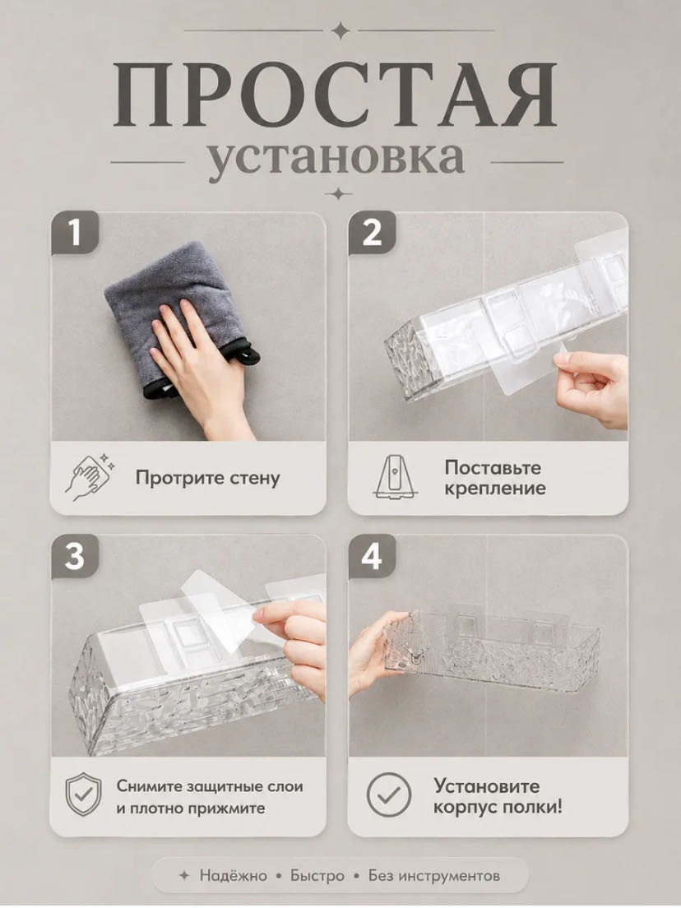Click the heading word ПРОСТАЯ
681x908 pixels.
click(335, 95)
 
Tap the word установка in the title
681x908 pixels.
click(336, 158)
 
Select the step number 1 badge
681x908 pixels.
click(75, 234)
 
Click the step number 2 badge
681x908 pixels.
click(372, 234)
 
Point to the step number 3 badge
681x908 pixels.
click(75, 557)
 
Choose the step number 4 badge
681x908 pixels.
click(372, 557)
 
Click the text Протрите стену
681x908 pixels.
click(208, 479)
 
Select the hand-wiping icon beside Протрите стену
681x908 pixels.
click(89, 477)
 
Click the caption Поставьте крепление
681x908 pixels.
click(495, 478)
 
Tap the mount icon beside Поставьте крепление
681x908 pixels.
click(396, 477)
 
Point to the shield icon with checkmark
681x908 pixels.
click(83, 794)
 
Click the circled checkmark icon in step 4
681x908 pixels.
click(389, 794)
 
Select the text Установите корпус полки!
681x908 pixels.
click(498, 796)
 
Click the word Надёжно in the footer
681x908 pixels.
click(234, 876)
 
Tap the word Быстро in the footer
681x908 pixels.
click(317, 876)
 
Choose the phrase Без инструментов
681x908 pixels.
click(434, 876)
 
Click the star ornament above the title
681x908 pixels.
click(340, 30)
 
